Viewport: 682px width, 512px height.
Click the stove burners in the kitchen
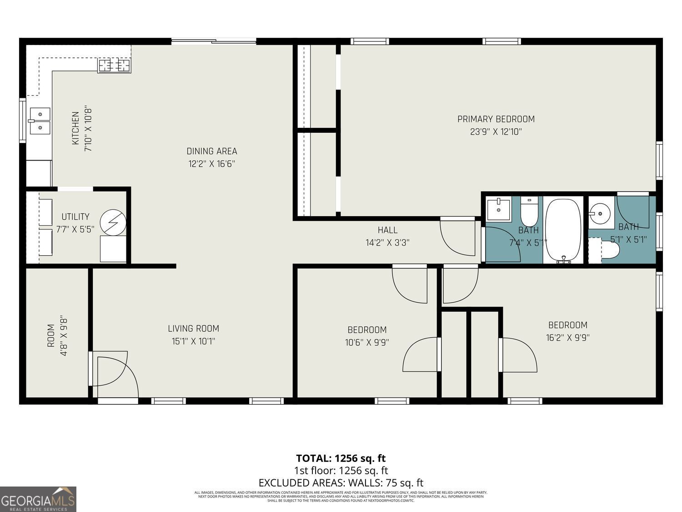pos(114,66)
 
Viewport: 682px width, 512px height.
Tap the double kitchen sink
pos(40,121)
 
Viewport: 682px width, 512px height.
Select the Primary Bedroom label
pos(496,119)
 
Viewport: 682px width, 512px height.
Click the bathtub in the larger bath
pos(563,230)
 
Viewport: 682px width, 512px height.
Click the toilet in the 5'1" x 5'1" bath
pos(607,250)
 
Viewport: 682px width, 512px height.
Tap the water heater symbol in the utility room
pos(112,222)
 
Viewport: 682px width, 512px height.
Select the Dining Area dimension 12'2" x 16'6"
pos(212,164)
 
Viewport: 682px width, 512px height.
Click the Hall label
pos(387,230)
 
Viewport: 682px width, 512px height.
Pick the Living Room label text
pos(193,328)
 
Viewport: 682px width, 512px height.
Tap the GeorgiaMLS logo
pos(38,499)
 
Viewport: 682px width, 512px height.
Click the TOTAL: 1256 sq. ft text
pos(341,458)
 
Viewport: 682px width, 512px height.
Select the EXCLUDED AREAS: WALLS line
pos(341,483)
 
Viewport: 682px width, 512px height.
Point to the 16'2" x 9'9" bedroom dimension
pos(567,338)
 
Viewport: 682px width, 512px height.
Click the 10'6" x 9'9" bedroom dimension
pos(367,342)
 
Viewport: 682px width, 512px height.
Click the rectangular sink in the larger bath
pos(498,209)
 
